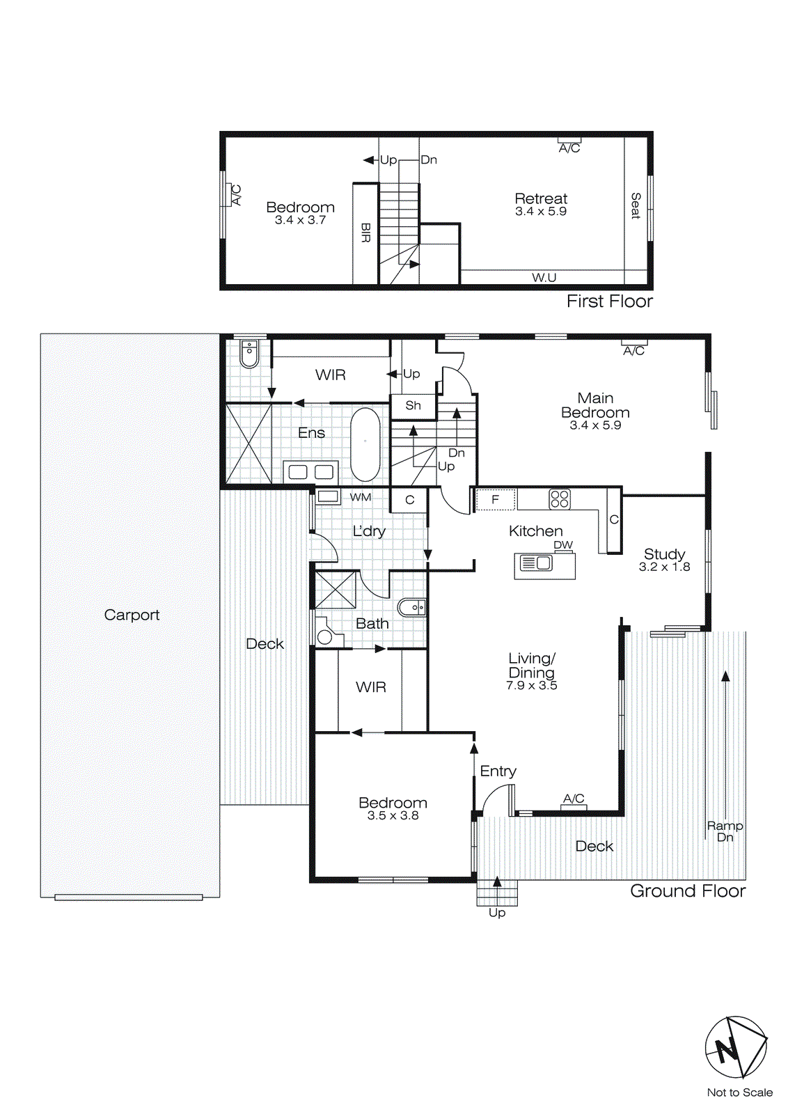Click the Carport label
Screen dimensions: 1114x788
[132, 615]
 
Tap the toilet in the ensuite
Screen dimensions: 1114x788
[249, 354]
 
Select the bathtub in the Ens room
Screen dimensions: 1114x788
[365, 444]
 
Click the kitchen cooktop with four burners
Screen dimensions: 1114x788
[560, 499]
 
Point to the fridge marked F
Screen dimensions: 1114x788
[495, 499]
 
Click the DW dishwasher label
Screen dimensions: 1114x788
[563, 545]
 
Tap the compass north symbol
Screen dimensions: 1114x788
[735, 1047]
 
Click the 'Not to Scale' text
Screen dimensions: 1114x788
[739, 1092]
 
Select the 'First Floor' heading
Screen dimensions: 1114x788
[609, 301]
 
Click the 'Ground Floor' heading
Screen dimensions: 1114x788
[687, 891]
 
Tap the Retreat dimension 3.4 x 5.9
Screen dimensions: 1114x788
[541, 212]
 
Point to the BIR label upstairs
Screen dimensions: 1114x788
[365, 233]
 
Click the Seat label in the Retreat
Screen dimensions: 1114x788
[635, 206]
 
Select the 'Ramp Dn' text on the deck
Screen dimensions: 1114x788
[725, 831]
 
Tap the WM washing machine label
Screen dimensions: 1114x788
[360, 497]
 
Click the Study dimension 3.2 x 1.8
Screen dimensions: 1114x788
[664, 567]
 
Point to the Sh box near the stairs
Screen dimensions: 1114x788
[413, 405]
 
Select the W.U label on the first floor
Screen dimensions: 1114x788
[544, 278]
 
